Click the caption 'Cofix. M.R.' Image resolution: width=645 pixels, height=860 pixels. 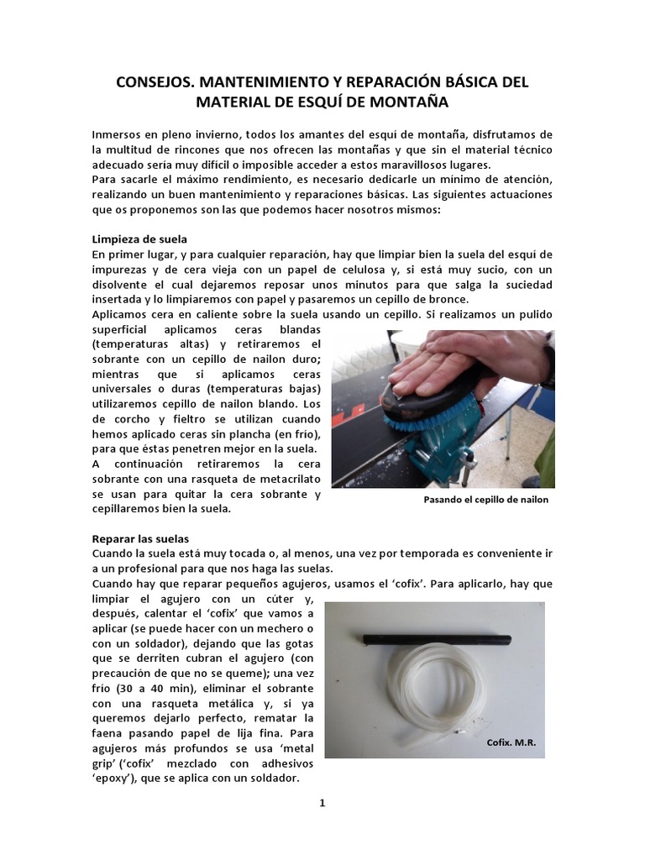511,743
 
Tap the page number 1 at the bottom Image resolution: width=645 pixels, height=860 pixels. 322,803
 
